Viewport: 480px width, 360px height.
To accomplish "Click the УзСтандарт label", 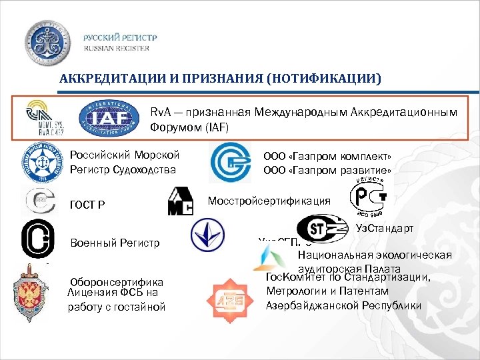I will pyautogui.click(x=385, y=229).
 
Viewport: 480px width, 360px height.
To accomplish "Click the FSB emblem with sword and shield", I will pyautogui.click(x=31, y=293).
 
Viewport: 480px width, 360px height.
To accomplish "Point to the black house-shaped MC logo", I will pyautogui.click(x=179, y=201).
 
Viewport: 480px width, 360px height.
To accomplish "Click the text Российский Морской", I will pyautogui.click(x=125, y=155).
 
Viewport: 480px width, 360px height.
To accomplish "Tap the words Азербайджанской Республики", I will pyautogui.click(x=343, y=305).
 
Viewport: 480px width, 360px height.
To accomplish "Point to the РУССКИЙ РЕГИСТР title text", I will pyautogui.click(x=121, y=38).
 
